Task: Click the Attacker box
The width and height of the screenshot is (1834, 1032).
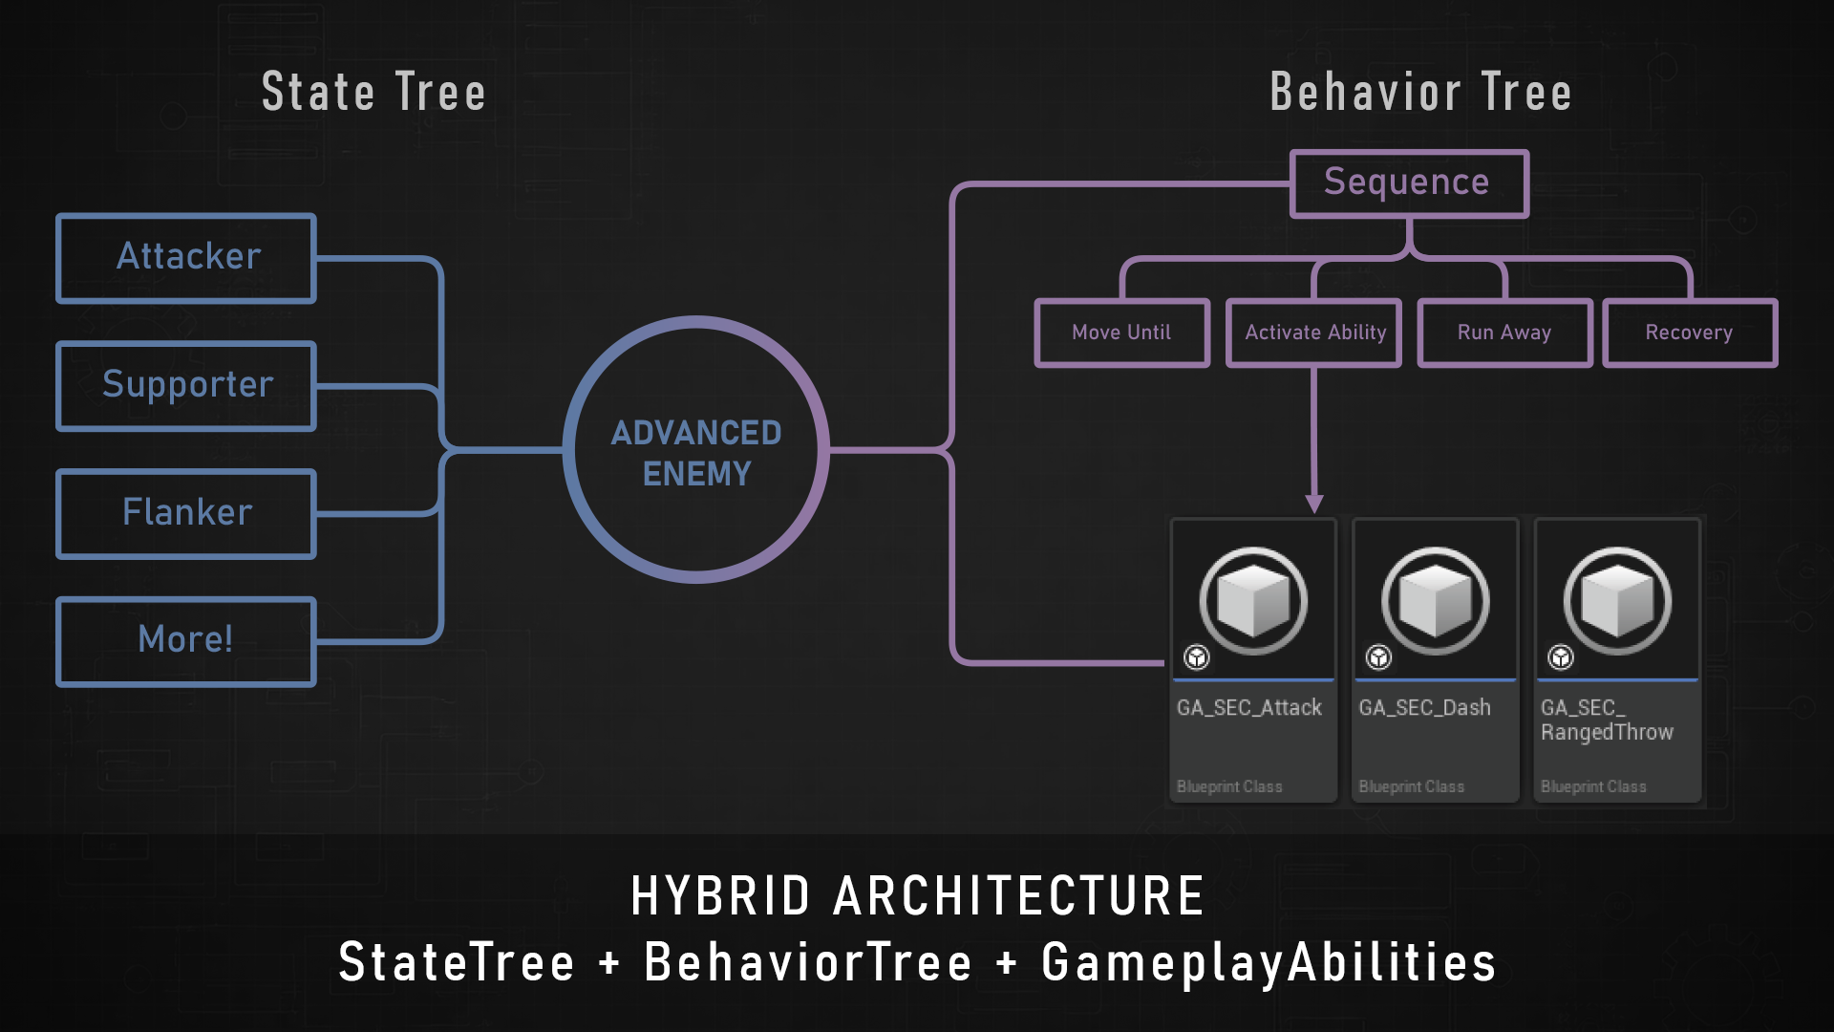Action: [187, 258]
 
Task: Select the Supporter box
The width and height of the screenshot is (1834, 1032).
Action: [187, 385]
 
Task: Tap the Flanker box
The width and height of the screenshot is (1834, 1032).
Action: [187, 513]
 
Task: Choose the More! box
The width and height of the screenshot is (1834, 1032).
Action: [187, 640]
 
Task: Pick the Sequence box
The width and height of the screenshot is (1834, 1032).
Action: [1408, 183]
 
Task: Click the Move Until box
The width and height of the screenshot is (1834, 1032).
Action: [1121, 333]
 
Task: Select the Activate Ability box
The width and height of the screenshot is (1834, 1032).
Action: [1314, 333]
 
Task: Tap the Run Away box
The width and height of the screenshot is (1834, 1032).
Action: [1504, 333]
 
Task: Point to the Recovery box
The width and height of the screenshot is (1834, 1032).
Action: [1689, 333]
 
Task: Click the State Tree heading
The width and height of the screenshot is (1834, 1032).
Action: [373, 93]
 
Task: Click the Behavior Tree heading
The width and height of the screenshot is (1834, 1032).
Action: [1420, 93]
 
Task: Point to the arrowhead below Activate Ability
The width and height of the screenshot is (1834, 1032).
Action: [1314, 504]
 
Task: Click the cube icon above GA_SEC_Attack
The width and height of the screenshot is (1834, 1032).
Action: [1253, 601]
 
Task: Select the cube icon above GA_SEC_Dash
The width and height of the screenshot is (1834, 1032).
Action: [1435, 601]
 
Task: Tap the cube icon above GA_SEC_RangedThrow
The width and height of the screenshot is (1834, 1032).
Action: [1617, 601]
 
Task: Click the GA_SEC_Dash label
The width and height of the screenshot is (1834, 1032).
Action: [1424, 708]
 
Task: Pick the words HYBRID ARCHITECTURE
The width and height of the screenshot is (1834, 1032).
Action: [917, 896]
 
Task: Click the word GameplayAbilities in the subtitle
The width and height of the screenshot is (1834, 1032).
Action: [1269, 962]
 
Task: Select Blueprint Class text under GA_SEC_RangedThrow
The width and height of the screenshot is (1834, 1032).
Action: [1593, 786]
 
